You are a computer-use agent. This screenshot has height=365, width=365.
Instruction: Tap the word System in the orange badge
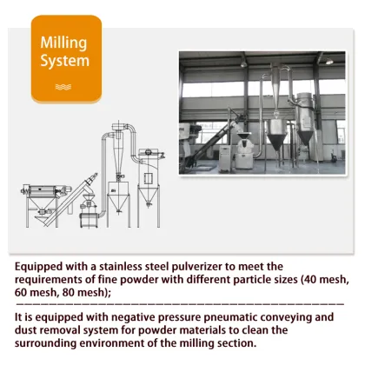point(65,62)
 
